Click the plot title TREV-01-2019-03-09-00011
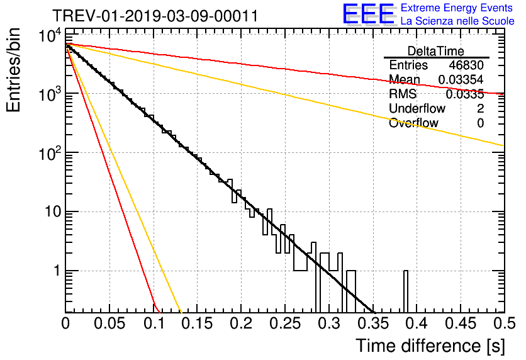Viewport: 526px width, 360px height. click(155, 16)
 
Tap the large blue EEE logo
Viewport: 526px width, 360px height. click(368, 14)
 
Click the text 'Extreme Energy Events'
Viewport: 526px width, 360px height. click(457, 8)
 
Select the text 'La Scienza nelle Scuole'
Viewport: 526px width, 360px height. click(457, 21)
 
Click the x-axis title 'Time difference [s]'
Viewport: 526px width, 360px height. click(430, 346)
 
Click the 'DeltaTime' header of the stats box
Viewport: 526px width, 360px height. click(436, 51)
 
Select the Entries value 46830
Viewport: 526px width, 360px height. click(466, 65)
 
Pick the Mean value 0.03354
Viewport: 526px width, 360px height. click(461, 79)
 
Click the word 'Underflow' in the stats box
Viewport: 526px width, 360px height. click(417, 109)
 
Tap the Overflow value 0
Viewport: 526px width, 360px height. click(480, 123)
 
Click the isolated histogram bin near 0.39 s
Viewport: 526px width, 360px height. click(406, 291)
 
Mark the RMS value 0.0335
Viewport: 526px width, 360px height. click(464, 94)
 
